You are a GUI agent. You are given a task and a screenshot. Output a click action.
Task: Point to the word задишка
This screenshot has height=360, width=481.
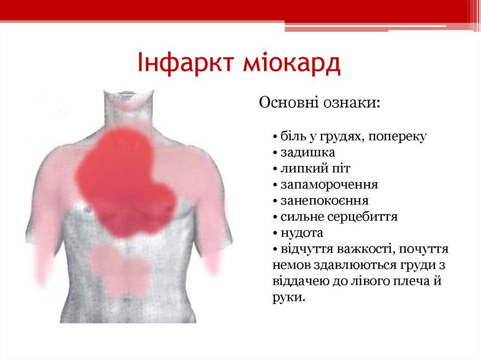pos(308,153)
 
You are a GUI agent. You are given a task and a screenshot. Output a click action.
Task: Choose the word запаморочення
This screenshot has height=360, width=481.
pos(329,184)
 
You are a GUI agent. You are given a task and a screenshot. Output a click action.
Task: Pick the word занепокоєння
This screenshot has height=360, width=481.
pos(325,200)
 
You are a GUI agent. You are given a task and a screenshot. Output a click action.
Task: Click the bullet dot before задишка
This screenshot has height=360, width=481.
pos(274,153)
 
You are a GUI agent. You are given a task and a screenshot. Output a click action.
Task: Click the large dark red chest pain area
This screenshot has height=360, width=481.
pos(122,178)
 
